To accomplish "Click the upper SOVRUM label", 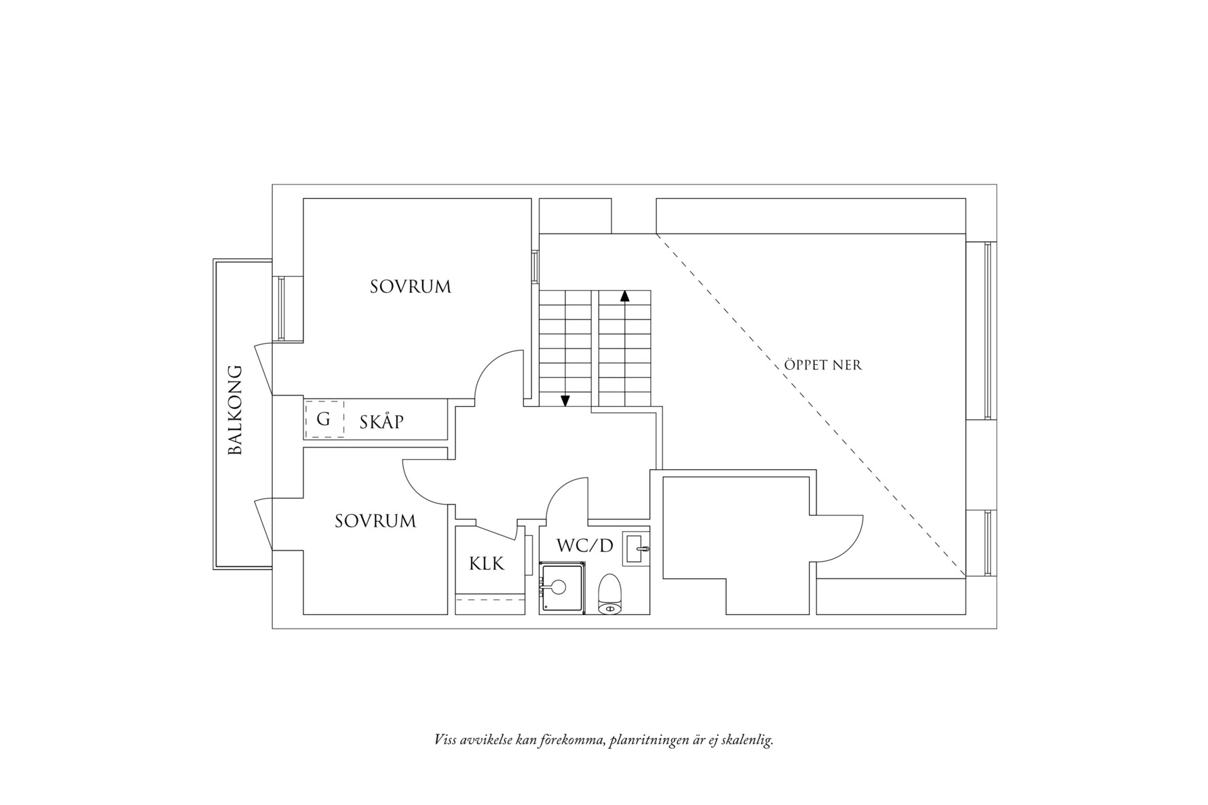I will tap(410, 287).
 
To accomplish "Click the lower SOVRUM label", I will tap(375, 521).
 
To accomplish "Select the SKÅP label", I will tap(381, 422).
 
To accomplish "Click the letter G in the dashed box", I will tap(324, 419).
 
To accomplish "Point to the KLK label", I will tap(487, 563).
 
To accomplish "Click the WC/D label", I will tap(584, 545).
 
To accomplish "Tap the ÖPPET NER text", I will tap(823, 365).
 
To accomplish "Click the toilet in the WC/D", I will tap(611, 594).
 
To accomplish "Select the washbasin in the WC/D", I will tap(636, 548).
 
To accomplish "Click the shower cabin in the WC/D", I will tap(562, 587).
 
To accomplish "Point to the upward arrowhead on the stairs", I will tap(624, 296).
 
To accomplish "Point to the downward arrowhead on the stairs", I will tap(565, 401).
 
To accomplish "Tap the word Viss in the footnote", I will tap(445, 739).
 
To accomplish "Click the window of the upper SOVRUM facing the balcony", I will tap(280, 309).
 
